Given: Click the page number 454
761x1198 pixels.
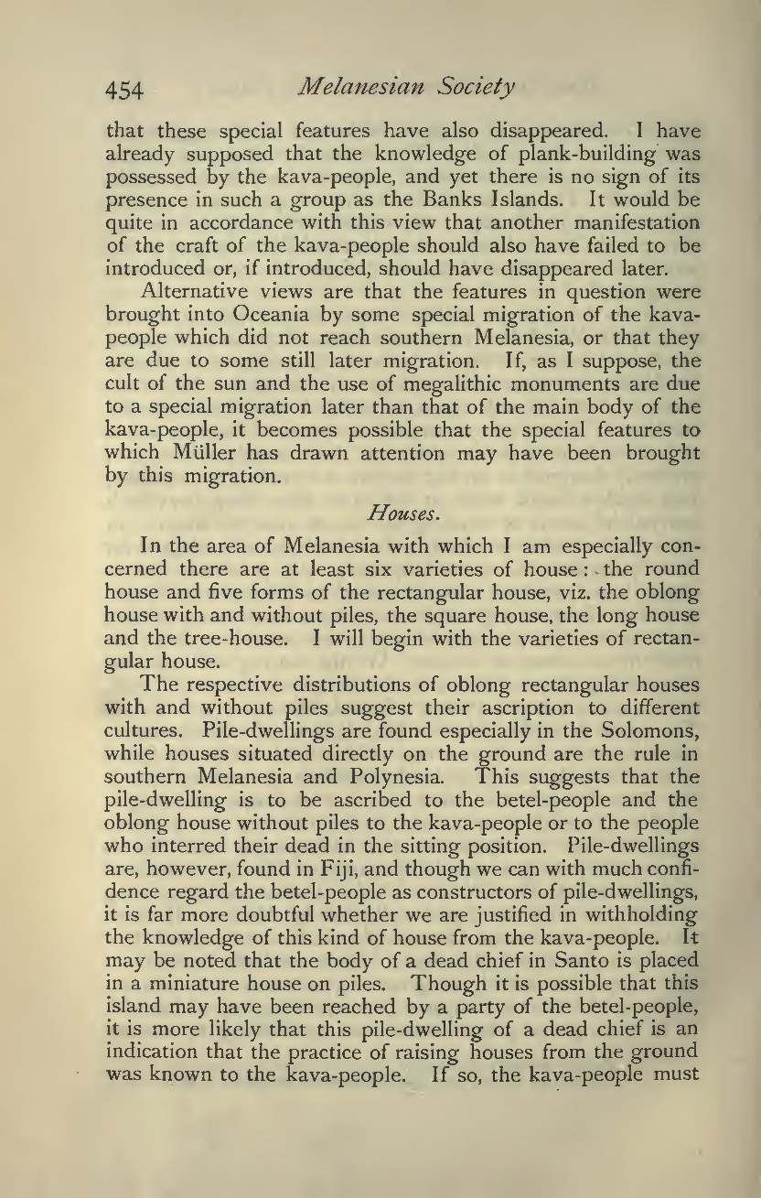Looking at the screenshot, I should pos(124,90).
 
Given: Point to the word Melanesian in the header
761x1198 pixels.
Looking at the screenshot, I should pos(349,88).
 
